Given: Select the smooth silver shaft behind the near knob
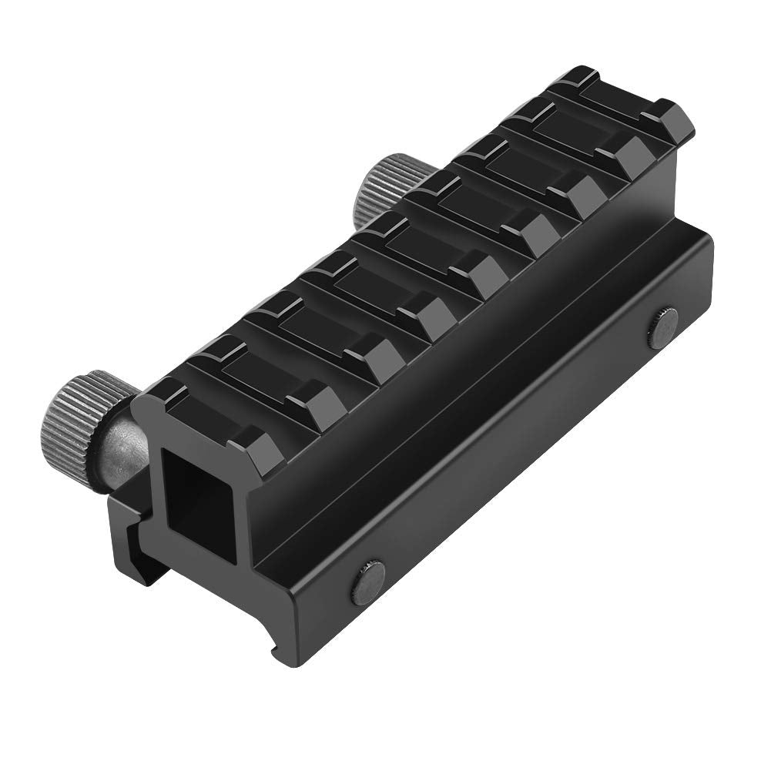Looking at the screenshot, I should tap(123, 454).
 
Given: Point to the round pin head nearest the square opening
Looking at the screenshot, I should tap(368, 582).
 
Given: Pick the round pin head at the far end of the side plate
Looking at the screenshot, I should tap(662, 327).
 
